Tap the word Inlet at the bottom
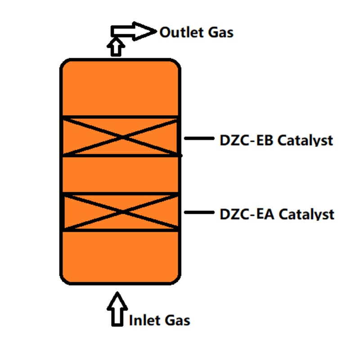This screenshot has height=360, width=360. click(x=144, y=320)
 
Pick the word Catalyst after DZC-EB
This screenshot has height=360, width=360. click(x=305, y=140)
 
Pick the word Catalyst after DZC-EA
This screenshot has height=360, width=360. click(x=306, y=214)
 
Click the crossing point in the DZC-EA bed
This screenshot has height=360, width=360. click(x=121, y=212)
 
